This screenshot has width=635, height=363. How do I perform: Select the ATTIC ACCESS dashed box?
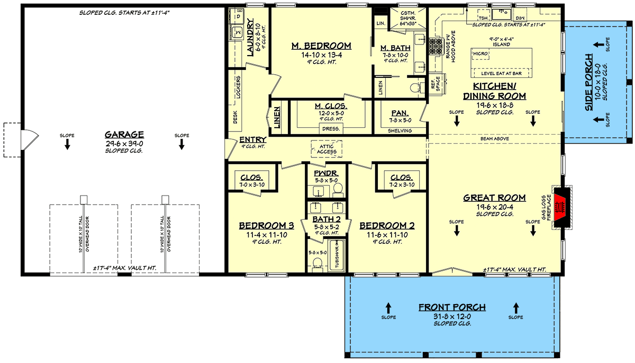326,148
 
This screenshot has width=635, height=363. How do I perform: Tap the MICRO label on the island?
480,54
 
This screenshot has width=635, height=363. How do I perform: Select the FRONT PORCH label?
452,307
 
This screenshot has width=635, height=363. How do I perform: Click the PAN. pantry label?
398,113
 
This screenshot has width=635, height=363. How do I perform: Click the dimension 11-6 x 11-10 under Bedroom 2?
387,234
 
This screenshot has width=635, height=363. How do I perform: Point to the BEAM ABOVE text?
492,139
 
